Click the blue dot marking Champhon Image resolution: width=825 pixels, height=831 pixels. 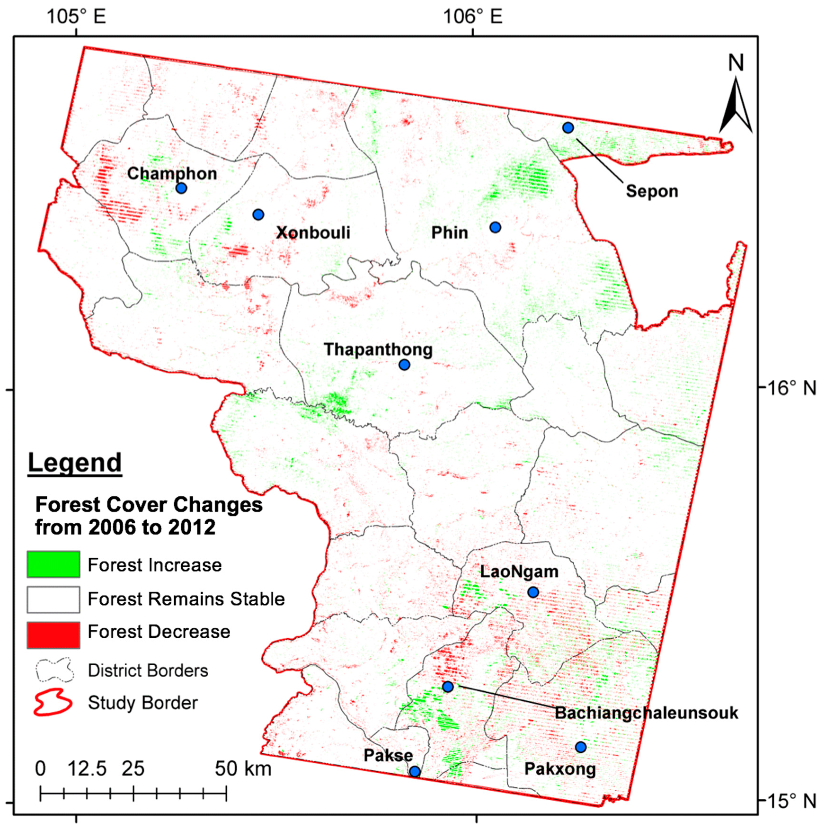pyautogui.click(x=181, y=188)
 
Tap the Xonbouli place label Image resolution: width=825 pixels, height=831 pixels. pyautogui.click(x=313, y=232)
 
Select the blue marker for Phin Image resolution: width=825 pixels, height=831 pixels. pyautogui.click(x=495, y=227)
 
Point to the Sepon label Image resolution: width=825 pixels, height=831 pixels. pyautogui.click(x=652, y=191)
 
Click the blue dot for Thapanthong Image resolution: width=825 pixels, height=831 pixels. pyautogui.click(x=404, y=365)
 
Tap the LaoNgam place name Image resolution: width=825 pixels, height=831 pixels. pyautogui.click(x=519, y=572)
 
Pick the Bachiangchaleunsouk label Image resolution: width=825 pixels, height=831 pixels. pyautogui.click(x=646, y=713)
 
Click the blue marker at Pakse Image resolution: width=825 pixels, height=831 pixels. pyautogui.click(x=415, y=772)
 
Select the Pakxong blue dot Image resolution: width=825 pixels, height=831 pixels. pyautogui.click(x=581, y=747)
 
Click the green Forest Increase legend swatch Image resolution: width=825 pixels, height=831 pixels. pyautogui.click(x=53, y=564)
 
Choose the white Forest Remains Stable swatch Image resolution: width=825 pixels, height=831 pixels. pyautogui.click(x=53, y=599)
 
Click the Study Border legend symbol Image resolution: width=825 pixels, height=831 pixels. pyautogui.click(x=53, y=702)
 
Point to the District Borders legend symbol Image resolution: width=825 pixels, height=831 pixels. pyautogui.click(x=55, y=670)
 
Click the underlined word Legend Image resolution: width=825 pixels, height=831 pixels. pyautogui.click(x=75, y=463)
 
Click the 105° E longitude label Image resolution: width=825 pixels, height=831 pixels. pyautogui.click(x=76, y=17)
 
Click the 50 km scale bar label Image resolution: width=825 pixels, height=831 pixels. pyautogui.click(x=243, y=769)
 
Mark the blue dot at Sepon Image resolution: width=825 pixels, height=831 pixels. pyautogui.click(x=568, y=127)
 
